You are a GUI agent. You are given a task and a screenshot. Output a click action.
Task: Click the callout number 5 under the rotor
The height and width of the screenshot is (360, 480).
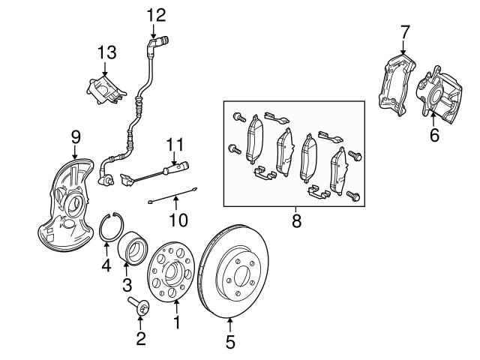click(x=230, y=343)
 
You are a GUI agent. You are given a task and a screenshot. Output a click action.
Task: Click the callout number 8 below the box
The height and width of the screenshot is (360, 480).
click(x=295, y=222)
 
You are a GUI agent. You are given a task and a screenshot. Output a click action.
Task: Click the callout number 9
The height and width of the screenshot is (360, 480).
click(x=76, y=136)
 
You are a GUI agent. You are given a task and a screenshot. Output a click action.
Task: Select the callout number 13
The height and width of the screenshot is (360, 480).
click(x=107, y=52)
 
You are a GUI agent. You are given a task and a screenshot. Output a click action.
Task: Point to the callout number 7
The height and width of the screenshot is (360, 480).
click(x=405, y=31)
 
